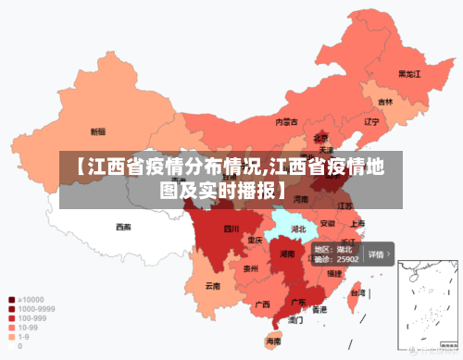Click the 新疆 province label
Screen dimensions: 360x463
[97, 131]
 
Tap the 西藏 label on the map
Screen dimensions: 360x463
[123, 226]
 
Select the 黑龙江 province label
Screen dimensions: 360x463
[409, 73]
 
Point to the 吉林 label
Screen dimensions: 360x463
[384, 102]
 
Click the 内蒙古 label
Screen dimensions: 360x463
[286, 121]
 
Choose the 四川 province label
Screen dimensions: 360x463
[231, 229]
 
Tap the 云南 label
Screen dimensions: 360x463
[213, 285]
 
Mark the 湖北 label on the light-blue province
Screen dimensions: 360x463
[298, 228]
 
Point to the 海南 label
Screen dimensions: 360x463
[274, 341]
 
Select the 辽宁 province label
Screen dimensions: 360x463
[371, 121]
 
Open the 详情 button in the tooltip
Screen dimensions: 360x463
[377, 254]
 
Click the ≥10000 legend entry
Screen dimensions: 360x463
[29, 300]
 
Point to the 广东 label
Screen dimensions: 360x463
[299, 302]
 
